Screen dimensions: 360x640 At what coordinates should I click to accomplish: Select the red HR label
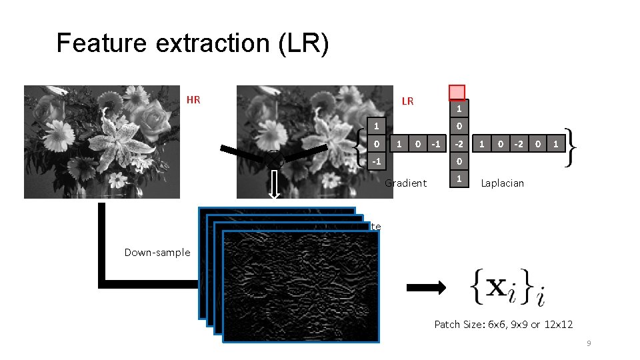193,101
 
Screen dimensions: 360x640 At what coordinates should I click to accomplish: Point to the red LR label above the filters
407,101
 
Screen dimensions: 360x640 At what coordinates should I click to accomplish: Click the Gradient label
406,183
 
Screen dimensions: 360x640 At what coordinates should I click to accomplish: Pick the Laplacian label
502,183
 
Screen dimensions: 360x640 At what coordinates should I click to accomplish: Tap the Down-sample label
157,253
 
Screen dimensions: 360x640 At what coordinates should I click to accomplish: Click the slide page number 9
589,343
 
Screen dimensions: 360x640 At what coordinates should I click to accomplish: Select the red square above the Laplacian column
457,92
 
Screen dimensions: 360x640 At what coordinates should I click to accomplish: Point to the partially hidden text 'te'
376,227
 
